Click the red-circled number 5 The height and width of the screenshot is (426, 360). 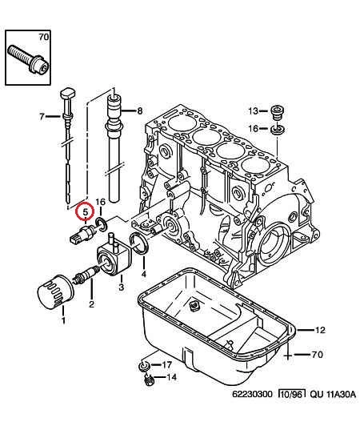(x=86, y=211)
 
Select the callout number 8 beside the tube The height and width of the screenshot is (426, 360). (x=139, y=111)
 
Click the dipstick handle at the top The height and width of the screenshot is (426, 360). (x=67, y=94)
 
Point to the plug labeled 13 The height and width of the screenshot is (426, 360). (x=278, y=112)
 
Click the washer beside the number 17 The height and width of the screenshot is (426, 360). (x=144, y=366)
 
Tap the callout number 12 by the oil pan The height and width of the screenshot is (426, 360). (x=320, y=330)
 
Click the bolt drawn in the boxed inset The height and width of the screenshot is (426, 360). (x=28, y=59)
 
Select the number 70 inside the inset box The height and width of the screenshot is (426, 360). (x=43, y=37)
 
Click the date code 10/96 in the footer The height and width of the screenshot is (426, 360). (x=292, y=394)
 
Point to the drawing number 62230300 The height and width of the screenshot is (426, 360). (x=252, y=394)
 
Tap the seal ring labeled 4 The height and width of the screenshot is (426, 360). (x=138, y=243)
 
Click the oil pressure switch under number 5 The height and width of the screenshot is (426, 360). (x=83, y=235)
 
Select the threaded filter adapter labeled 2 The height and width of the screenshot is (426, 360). (x=86, y=275)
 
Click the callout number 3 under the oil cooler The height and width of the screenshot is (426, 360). (x=121, y=287)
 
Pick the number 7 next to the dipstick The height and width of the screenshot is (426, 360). (x=42, y=117)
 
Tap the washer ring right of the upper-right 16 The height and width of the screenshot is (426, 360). (x=278, y=129)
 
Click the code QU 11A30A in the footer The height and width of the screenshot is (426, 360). (x=333, y=394)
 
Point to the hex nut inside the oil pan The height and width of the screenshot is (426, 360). (x=194, y=307)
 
